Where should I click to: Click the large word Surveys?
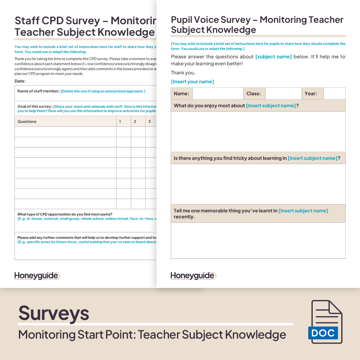click(54, 313)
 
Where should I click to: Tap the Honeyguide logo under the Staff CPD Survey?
click(37, 276)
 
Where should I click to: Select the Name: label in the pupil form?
click(181, 94)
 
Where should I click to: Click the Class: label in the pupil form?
click(254, 94)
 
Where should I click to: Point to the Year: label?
click(311, 94)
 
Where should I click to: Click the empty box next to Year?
click(334, 94)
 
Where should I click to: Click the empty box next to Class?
click(283, 94)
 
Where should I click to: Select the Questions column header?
click(27, 121)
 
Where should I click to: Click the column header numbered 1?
click(120, 121)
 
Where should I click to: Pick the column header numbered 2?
click(135, 121)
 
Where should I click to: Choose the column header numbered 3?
click(150, 121)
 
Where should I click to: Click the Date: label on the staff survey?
click(20, 81)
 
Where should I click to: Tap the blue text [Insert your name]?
click(193, 82)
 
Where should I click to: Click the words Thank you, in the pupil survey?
click(183, 73)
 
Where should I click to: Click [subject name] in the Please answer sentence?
click(273, 57)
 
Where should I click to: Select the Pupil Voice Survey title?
click(257, 24)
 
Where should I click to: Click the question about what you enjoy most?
click(236, 106)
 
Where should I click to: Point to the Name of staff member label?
click(39, 91)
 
